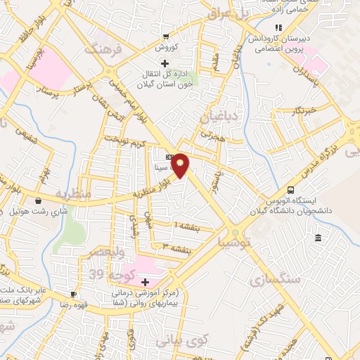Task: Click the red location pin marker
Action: (180, 165)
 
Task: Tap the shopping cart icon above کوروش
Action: (166, 37)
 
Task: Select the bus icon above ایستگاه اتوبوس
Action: (290, 190)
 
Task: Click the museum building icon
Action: (319, 238)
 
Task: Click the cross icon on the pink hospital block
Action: (145, 281)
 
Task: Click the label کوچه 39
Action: (112, 274)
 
